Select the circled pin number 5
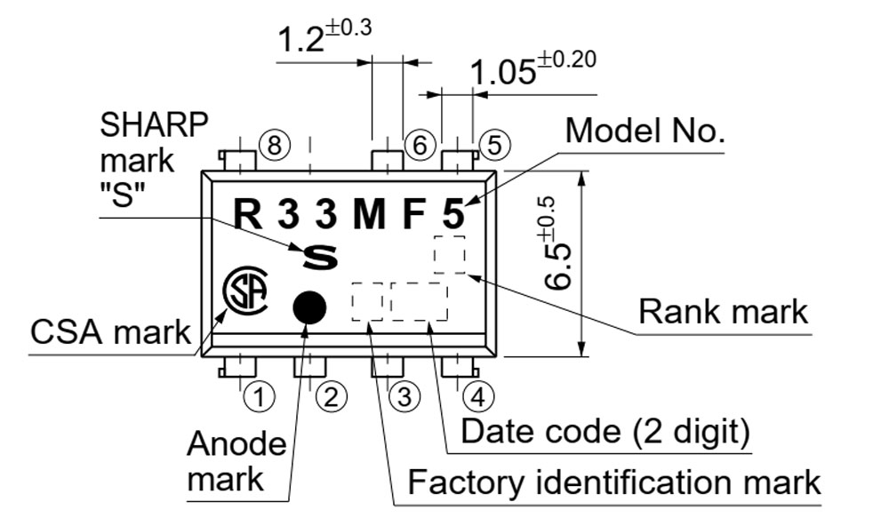(x=494, y=145)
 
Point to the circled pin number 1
(x=258, y=396)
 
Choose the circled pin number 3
(x=404, y=396)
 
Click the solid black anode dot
(x=309, y=307)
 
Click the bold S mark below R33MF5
(x=321, y=257)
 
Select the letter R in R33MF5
(x=249, y=214)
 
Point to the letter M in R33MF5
(x=370, y=214)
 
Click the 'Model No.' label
(x=646, y=131)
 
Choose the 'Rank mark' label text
(x=724, y=312)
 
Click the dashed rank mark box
(x=449, y=255)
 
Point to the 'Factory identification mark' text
(x=613, y=482)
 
